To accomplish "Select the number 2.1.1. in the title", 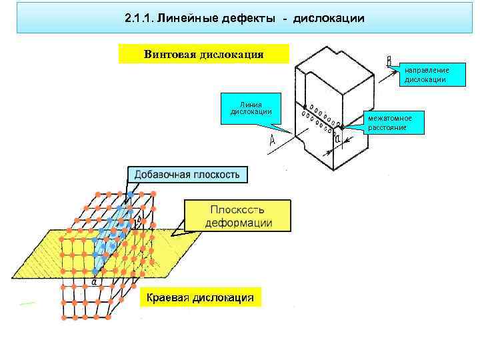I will tap(137, 19).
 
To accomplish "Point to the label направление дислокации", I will tap(425, 75).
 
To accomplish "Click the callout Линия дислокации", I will tap(251, 107).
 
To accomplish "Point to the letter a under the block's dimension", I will tap(337, 139).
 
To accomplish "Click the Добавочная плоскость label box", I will tap(187, 175).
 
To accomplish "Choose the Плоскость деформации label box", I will tap(238, 215).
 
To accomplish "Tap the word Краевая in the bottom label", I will tap(167, 297).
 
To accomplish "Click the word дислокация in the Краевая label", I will tap(223, 297).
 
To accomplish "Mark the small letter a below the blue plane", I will tap(94, 281).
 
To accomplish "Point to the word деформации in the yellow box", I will tap(238, 223).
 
